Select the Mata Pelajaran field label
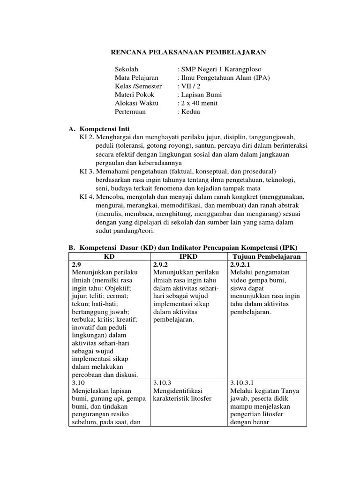(x=136, y=77)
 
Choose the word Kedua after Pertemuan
(x=190, y=111)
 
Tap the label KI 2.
(x=88, y=137)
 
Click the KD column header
(x=109, y=256)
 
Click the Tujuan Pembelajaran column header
(x=267, y=256)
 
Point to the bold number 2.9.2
(x=161, y=264)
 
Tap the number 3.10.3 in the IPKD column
(x=163, y=382)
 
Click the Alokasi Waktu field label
(x=136, y=103)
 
